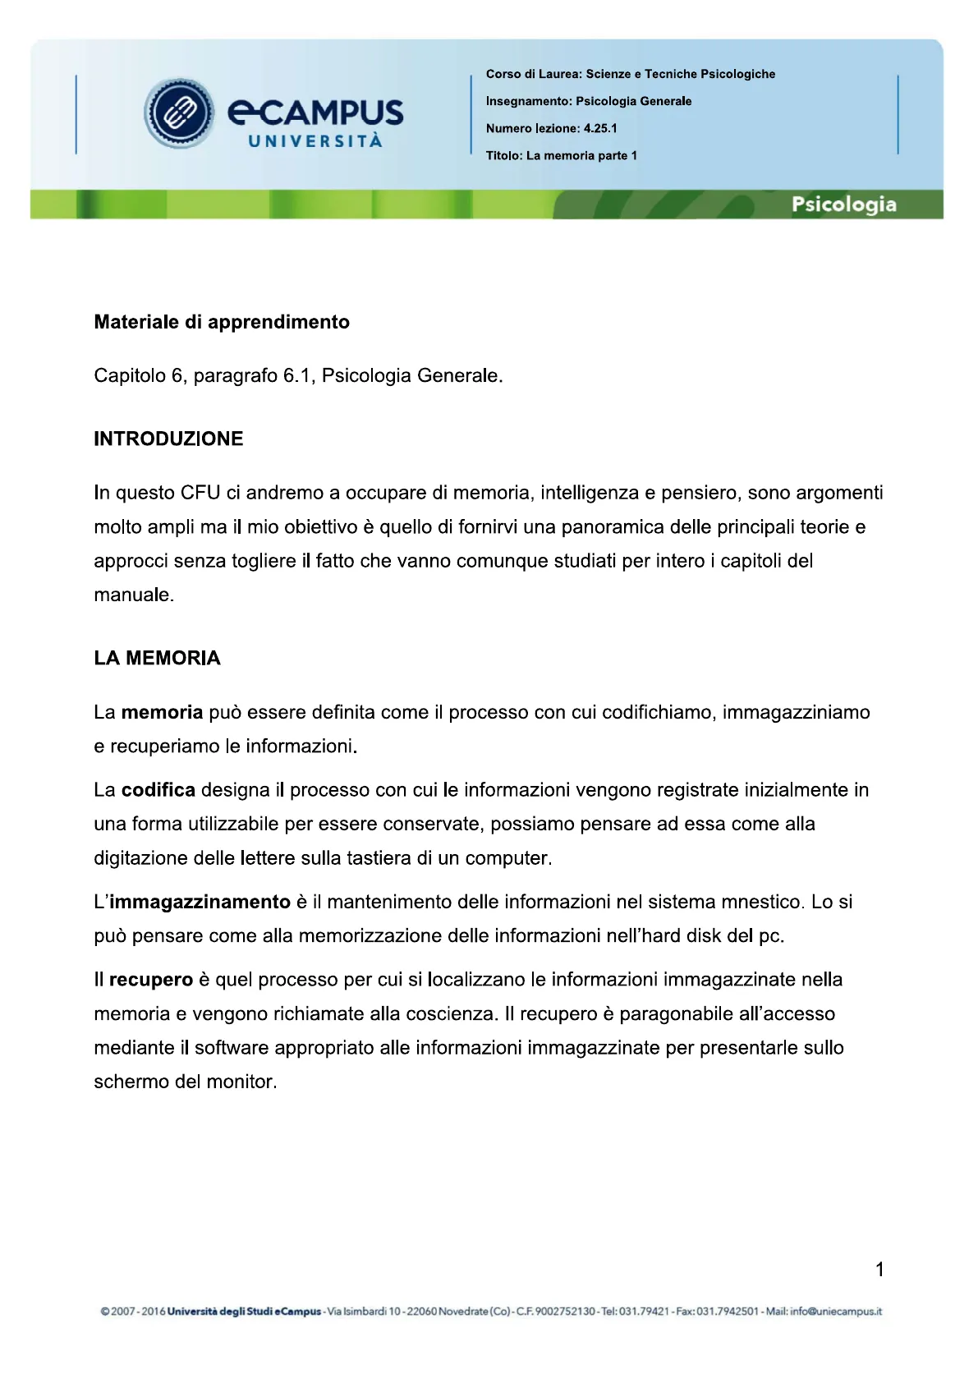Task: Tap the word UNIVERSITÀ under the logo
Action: click(315, 141)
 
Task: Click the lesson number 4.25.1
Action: click(600, 128)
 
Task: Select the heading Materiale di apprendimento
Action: click(222, 322)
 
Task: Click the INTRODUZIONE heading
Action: click(168, 439)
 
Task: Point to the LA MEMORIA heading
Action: click(157, 658)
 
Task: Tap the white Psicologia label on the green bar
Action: click(843, 204)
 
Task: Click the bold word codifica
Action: click(158, 790)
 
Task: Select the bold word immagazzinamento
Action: click(200, 902)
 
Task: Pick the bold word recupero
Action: click(150, 980)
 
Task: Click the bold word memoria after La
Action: click(162, 712)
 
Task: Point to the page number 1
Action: click(879, 1270)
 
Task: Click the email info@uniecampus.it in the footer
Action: click(836, 1312)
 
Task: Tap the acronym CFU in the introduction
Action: click(200, 493)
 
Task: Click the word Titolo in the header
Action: click(503, 155)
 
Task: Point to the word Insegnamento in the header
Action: click(527, 101)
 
